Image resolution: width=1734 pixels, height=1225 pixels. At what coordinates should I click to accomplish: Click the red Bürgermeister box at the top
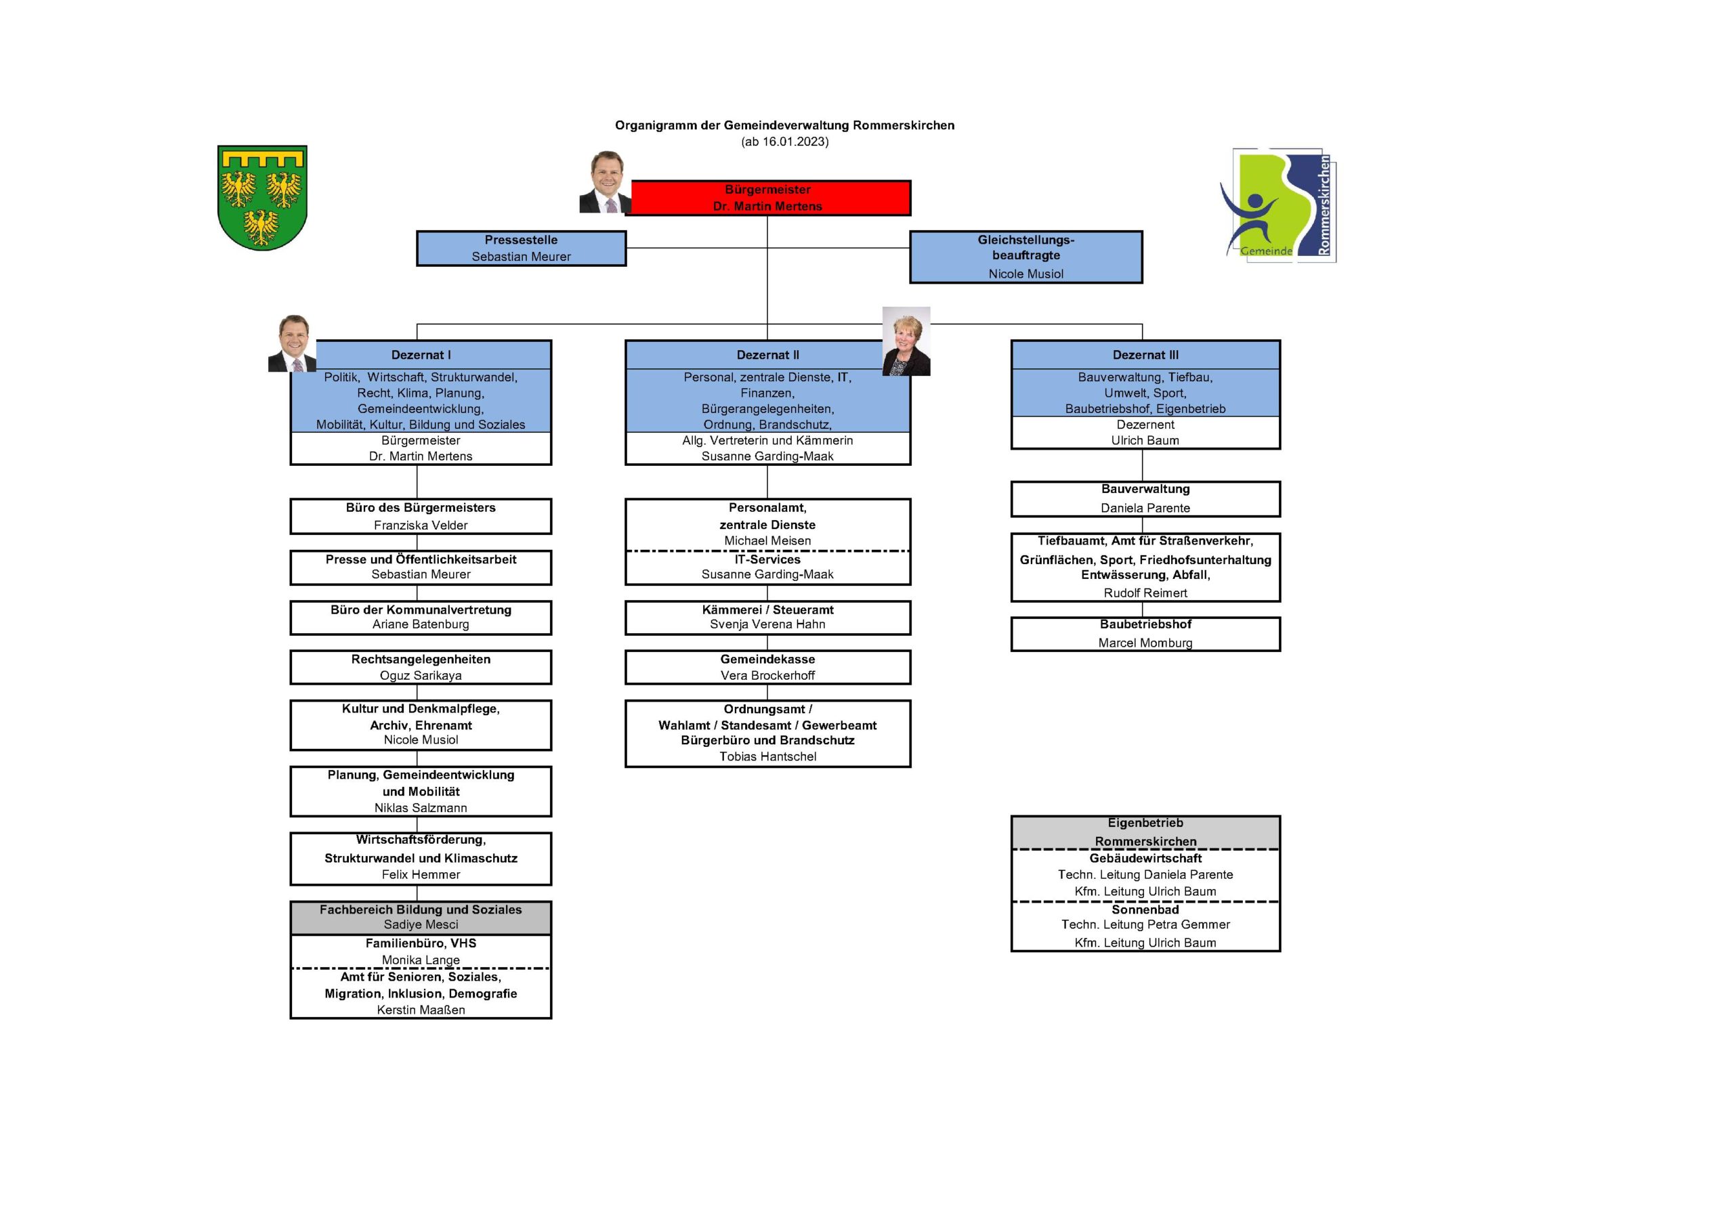[767, 198]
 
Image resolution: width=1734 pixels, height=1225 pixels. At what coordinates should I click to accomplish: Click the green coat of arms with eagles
[262, 198]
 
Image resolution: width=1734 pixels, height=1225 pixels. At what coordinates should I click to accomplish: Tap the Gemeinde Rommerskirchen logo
[1278, 205]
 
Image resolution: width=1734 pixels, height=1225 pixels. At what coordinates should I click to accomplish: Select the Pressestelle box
[521, 249]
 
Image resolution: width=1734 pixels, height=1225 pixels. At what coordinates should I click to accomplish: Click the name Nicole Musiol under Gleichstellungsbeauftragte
[1025, 274]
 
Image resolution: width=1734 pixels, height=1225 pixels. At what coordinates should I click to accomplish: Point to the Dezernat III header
[1145, 355]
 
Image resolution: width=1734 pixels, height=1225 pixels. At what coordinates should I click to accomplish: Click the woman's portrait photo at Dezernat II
[906, 341]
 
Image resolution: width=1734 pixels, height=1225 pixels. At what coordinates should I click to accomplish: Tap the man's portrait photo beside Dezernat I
[292, 343]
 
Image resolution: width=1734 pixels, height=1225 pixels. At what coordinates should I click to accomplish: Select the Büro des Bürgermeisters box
[421, 516]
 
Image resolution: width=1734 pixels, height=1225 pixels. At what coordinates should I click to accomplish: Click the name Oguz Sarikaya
[421, 676]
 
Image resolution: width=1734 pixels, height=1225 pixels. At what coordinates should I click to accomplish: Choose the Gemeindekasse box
[767, 667]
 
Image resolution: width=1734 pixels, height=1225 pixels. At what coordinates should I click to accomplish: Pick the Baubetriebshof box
[1145, 634]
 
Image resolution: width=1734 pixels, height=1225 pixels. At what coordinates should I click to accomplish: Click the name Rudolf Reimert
[1145, 594]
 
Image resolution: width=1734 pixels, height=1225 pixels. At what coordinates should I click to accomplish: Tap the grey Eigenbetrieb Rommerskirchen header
[1145, 832]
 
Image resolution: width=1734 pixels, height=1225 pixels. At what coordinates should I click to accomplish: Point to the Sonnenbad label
[1145, 910]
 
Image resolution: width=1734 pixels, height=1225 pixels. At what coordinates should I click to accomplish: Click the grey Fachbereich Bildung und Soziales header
[421, 917]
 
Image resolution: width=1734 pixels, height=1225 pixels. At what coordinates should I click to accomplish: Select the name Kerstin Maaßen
[421, 1010]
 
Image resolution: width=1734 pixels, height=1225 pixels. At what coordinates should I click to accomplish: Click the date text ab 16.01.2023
[784, 142]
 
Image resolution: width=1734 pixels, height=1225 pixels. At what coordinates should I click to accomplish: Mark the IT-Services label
[767, 559]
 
